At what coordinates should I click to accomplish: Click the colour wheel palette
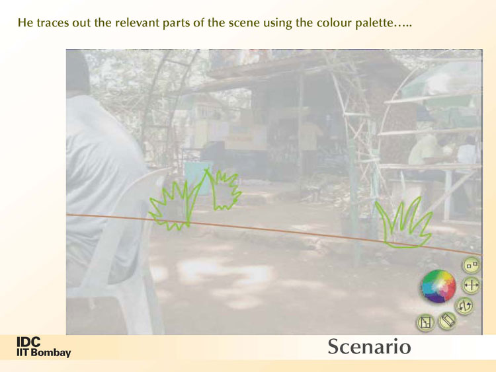(438, 287)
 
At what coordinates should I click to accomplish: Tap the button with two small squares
(472, 265)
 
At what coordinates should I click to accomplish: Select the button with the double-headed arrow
(472, 285)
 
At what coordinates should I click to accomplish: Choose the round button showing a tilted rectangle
(447, 321)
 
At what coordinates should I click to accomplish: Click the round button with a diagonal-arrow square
(425, 323)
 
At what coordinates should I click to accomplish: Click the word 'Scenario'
(369, 347)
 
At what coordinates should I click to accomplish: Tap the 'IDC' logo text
(28, 342)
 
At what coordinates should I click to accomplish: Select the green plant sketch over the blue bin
(223, 190)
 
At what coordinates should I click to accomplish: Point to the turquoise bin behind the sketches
(198, 178)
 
